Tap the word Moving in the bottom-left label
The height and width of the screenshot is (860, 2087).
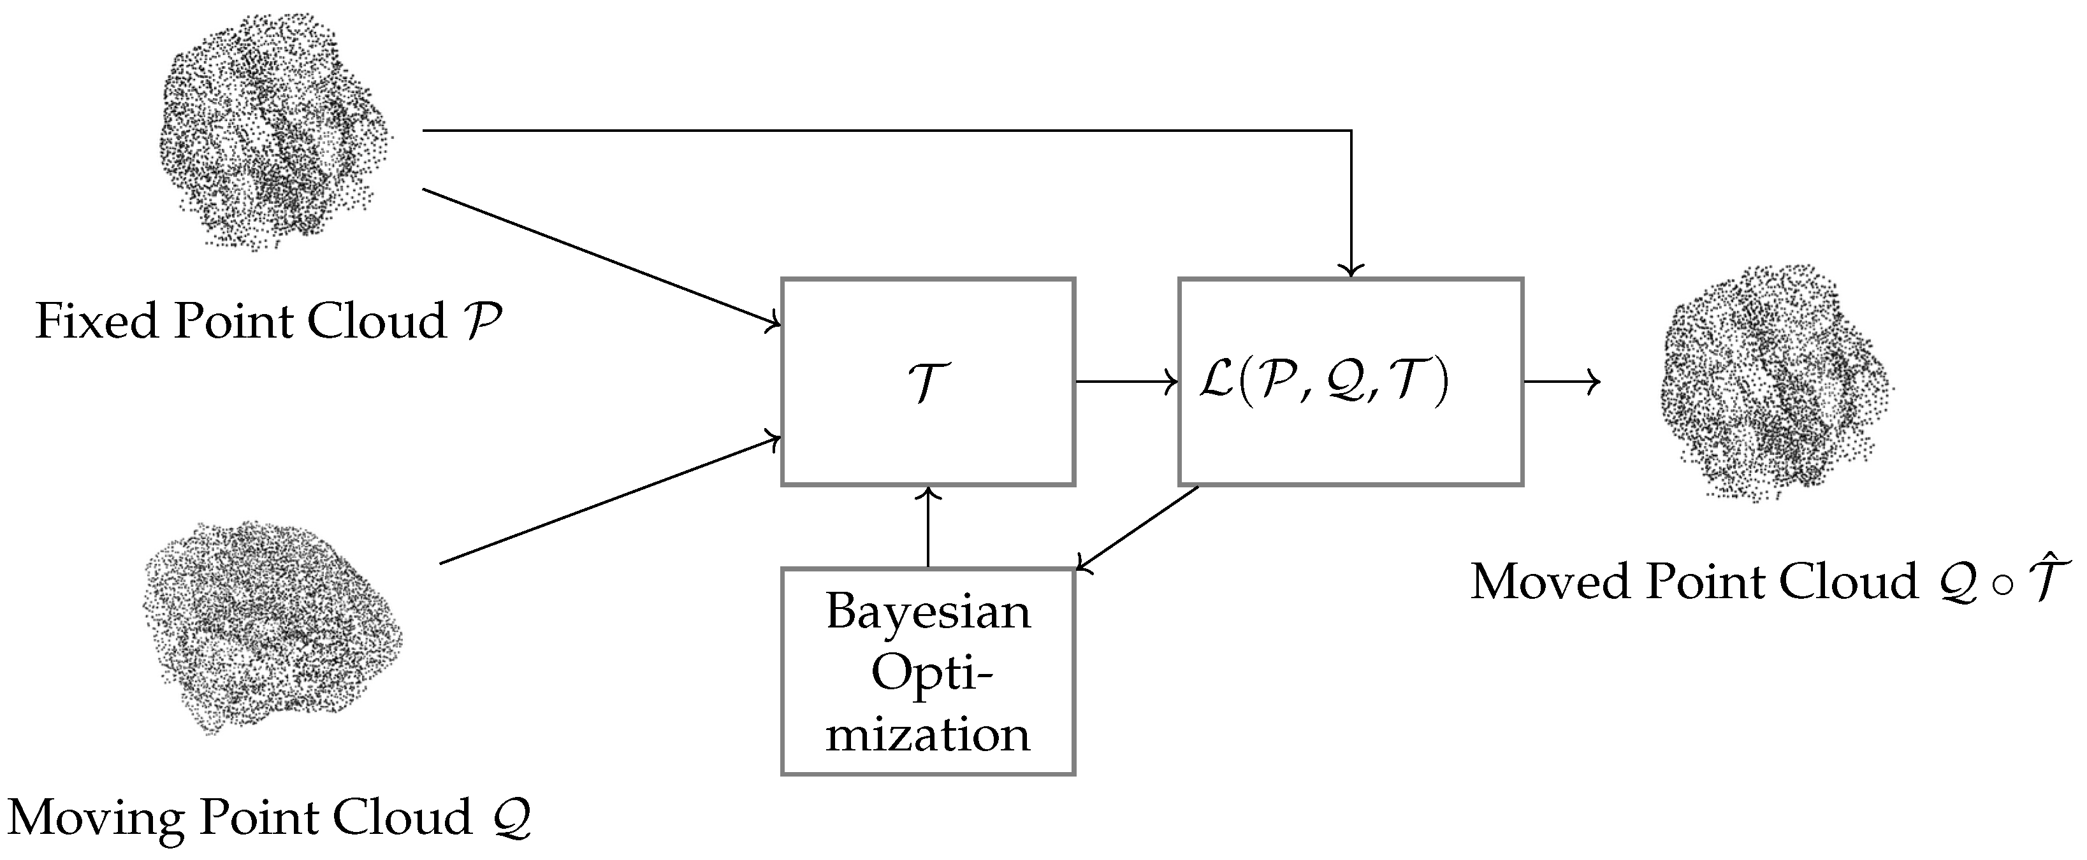pyautogui.click(x=98, y=818)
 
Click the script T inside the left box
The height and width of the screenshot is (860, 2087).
pyautogui.click(x=927, y=382)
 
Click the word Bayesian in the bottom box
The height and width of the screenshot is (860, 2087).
pyautogui.click(x=927, y=612)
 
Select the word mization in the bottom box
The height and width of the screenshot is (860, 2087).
pyautogui.click(x=927, y=735)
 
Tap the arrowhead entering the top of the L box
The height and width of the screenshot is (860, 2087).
pyautogui.click(x=1351, y=269)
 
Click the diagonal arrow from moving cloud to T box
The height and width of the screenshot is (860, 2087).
pyautogui.click(x=607, y=502)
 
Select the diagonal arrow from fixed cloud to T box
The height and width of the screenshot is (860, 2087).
pyautogui.click(x=600, y=257)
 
